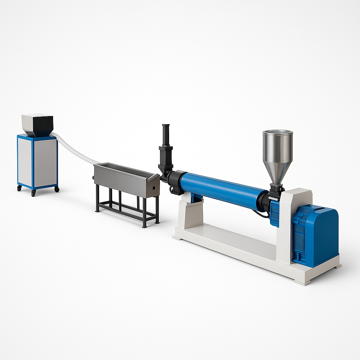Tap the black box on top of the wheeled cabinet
pos(38,125)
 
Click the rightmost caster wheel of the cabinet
pos(56,189)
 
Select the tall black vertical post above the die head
pos(166,135)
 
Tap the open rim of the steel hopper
pos(278,133)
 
